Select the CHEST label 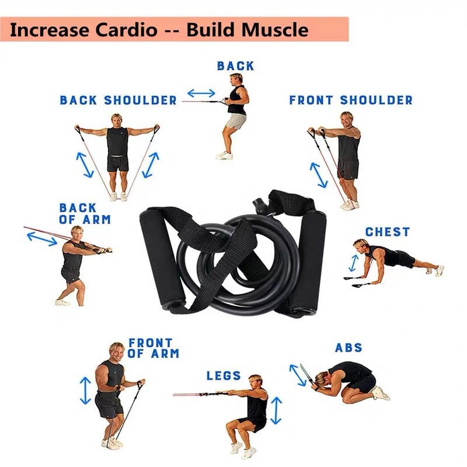pyautogui.click(x=388, y=232)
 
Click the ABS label pyautogui.click(x=348, y=347)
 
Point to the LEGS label pyautogui.click(x=224, y=375)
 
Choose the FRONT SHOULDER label pyautogui.click(x=351, y=100)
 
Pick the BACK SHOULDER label pyautogui.click(x=119, y=100)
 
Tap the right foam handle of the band pyautogui.click(x=308, y=263)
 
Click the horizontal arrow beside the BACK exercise pyautogui.click(x=201, y=93)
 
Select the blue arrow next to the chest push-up pyautogui.click(x=354, y=263)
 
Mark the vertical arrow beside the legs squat pyautogui.click(x=276, y=410)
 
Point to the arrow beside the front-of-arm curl pyautogui.click(x=85, y=391)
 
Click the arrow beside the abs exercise pyautogui.click(x=298, y=375)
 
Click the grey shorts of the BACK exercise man pyautogui.click(x=236, y=121)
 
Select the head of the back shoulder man pyautogui.click(x=116, y=120)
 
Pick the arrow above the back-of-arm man pyautogui.click(x=42, y=239)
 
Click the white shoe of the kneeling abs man pyautogui.click(x=381, y=393)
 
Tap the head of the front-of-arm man pyautogui.click(x=117, y=351)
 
